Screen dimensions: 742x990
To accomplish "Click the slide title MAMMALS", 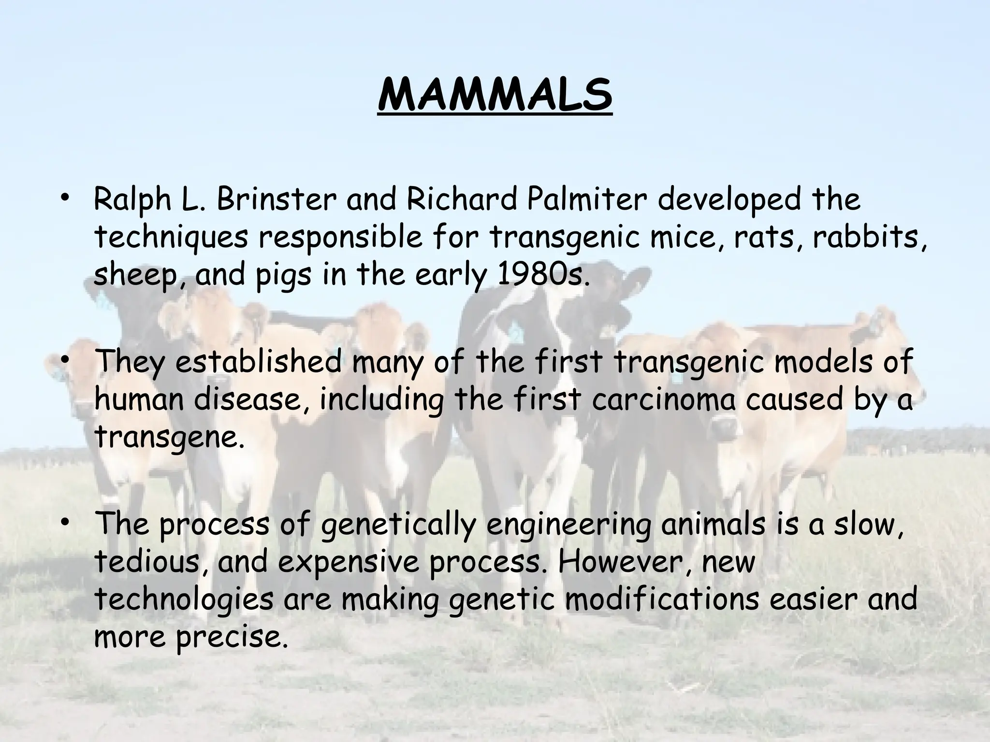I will click(x=495, y=95).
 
